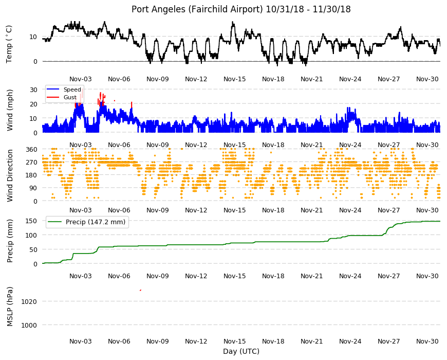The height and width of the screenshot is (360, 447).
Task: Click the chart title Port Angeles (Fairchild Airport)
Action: (197, 9)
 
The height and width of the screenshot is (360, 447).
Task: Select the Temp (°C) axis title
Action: (9, 44)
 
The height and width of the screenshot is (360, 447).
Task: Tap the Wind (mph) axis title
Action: (10, 110)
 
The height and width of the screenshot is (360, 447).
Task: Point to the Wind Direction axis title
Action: (10, 176)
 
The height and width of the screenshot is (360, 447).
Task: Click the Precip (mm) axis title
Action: (10, 241)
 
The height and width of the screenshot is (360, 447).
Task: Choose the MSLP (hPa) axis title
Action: (10, 307)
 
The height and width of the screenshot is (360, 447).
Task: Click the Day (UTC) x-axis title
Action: (241, 351)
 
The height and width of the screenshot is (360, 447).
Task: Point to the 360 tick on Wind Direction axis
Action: (31, 150)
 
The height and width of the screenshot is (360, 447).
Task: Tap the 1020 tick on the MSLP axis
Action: (29, 301)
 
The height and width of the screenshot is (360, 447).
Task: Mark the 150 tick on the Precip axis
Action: (31, 221)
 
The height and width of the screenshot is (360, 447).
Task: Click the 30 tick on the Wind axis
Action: (33, 89)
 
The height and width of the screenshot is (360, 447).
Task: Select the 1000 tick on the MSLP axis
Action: (29, 325)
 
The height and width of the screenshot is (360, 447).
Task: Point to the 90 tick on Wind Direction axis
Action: (33, 188)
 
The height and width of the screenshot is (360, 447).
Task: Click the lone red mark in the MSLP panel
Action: (141, 290)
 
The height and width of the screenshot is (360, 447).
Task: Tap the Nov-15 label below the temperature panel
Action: (235, 79)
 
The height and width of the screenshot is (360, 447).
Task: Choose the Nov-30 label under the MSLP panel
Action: (427, 341)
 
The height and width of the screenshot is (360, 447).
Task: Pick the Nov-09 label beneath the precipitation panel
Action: (157, 276)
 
